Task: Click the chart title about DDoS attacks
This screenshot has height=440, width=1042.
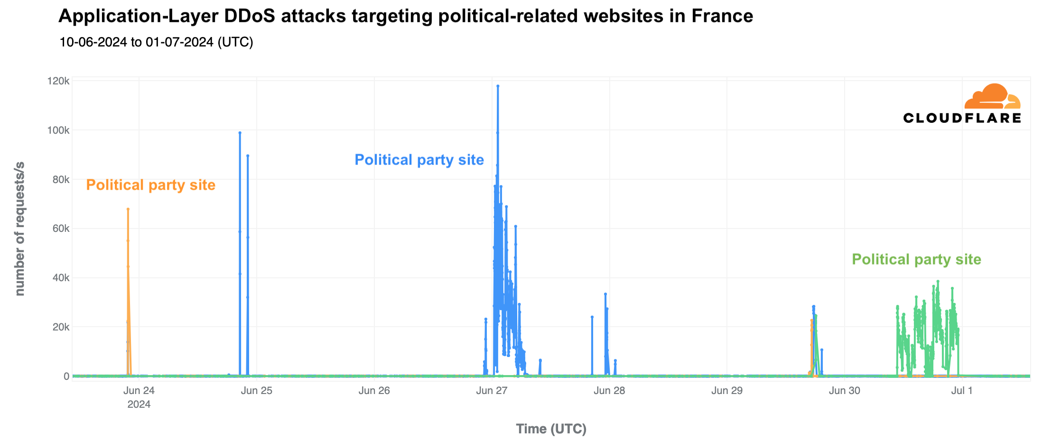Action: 405,16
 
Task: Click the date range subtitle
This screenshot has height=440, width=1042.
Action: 156,42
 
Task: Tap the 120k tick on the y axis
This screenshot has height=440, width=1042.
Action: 58,81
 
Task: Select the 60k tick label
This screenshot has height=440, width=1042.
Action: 60,229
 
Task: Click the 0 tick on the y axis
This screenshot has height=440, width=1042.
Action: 66,376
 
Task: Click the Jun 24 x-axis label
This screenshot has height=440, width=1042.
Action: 139,391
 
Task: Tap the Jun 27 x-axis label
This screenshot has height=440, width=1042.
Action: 492,391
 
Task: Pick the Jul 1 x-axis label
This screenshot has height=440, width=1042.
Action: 962,391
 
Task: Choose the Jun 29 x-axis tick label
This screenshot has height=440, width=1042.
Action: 727,391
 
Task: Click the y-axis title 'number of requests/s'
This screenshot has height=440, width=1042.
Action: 19,229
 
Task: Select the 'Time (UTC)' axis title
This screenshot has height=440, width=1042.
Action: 551,429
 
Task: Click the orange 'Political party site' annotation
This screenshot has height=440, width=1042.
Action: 150,185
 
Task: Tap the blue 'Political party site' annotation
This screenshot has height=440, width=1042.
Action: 419,160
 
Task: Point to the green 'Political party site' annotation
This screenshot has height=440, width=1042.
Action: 916,259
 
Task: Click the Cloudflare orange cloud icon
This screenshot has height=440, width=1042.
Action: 992,97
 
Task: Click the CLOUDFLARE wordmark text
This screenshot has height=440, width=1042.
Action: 962,118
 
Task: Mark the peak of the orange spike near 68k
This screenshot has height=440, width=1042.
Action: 128,209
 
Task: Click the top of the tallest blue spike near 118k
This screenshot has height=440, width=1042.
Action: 498,86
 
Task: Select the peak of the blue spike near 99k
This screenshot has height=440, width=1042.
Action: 240,133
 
